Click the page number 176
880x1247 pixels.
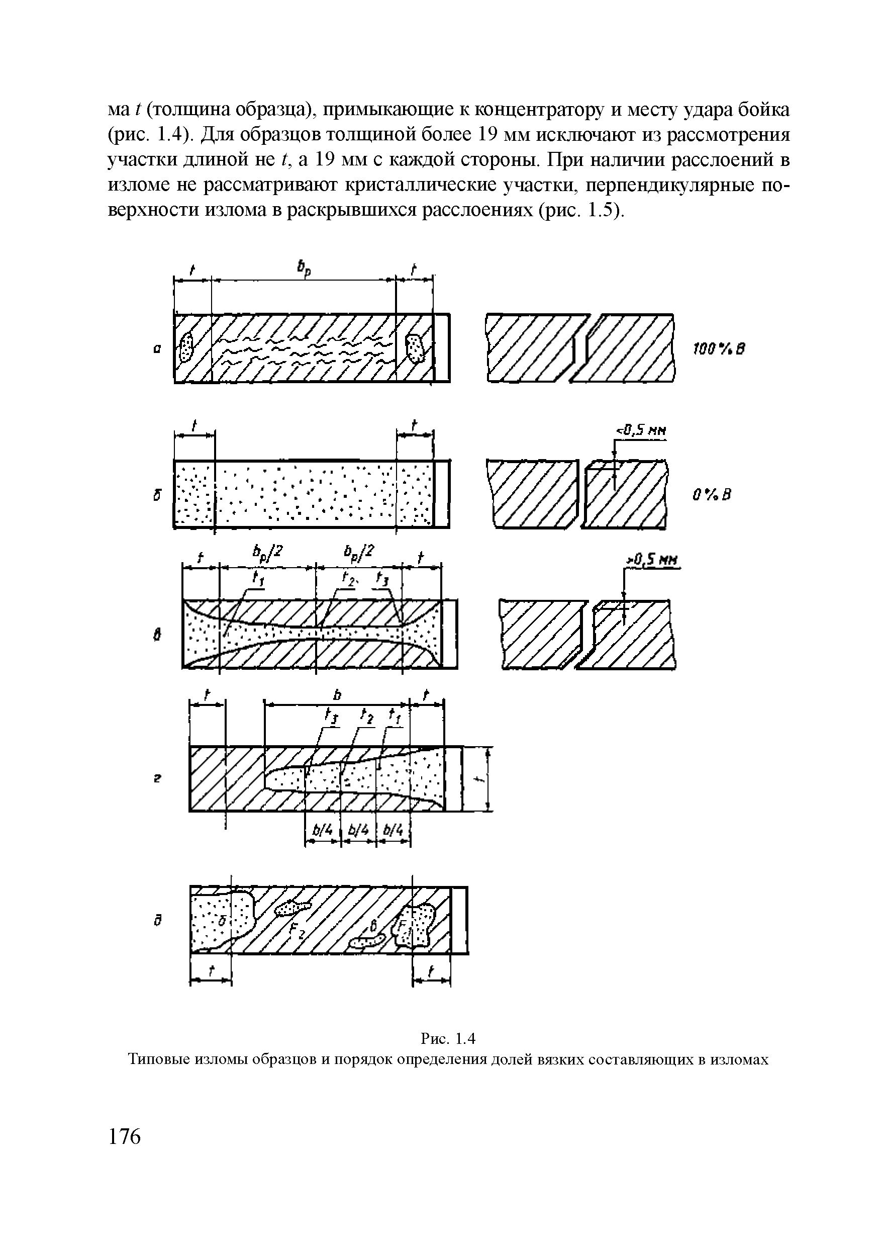tap(125, 1137)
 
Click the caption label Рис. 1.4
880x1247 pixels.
tap(448, 1038)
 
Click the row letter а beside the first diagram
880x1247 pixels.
tap(156, 351)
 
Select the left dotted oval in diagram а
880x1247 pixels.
tap(186, 347)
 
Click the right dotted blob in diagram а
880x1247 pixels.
tap(416, 348)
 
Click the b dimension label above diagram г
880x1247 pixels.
tap(337, 695)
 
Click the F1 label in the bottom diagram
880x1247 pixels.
tap(404, 926)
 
